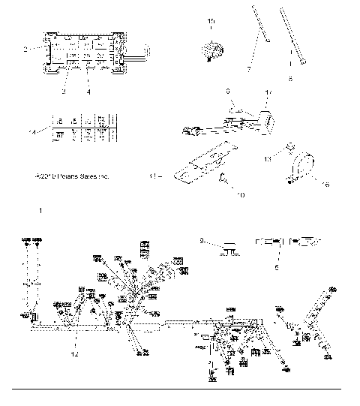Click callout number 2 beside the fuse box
25,50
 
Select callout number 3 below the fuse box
64,91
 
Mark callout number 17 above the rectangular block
268,94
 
